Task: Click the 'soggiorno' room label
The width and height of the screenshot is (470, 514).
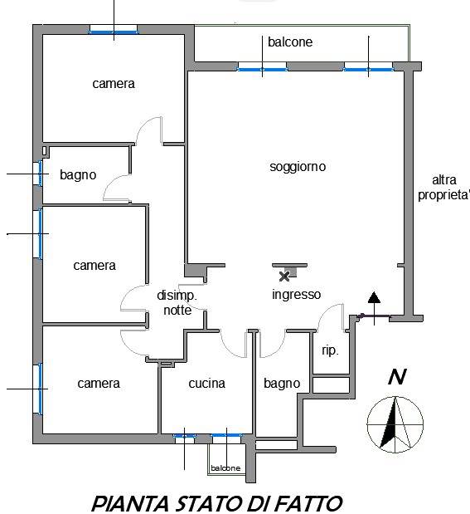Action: pyautogui.click(x=298, y=167)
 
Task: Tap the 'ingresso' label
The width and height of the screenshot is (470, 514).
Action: pyautogui.click(x=296, y=295)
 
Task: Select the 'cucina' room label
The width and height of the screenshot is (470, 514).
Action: pyautogui.click(x=207, y=383)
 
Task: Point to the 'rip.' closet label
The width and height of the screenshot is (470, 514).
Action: pyautogui.click(x=330, y=350)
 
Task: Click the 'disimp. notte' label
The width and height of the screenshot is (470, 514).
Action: pyautogui.click(x=177, y=302)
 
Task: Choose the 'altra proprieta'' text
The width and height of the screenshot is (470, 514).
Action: pyautogui.click(x=443, y=188)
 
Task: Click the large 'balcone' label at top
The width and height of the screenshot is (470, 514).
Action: pyautogui.click(x=290, y=42)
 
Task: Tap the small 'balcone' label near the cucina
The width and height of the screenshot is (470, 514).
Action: pyautogui.click(x=225, y=468)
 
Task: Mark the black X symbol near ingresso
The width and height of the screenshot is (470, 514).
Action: pyautogui.click(x=284, y=277)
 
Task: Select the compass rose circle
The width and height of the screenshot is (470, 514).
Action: pyautogui.click(x=395, y=424)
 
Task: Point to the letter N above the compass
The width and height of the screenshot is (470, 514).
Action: pyautogui.click(x=397, y=377)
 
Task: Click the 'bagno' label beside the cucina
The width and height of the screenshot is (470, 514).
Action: pyautogui.click(x=282, y=384)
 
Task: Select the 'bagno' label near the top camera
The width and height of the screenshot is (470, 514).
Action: pyautogui.click(x=78, y=175)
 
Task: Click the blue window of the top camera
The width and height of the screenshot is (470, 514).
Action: pyautogui.click(x=114, y=32)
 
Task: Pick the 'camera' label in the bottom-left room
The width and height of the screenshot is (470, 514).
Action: pyautogui.click(x=99, y=384)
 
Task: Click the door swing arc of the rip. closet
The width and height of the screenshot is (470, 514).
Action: pyautogui.click(x=327, y=313)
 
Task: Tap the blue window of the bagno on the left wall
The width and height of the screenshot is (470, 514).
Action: pyautogui.click(x=40, y=174)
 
